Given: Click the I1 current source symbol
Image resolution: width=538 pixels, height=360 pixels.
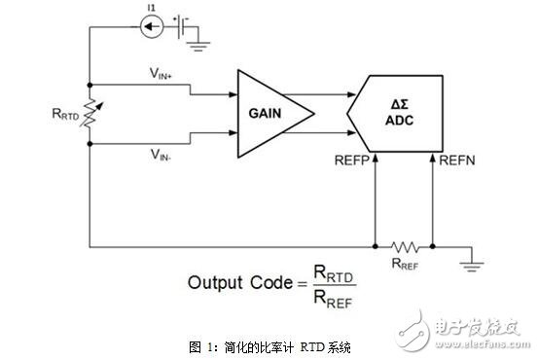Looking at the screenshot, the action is pyautogui.click(x=152, y=26).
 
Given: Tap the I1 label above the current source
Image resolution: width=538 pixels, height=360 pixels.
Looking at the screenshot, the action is pyautogui.click(x=152, y=7).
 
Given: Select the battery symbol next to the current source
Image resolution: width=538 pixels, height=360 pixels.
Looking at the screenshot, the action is pyautogui.click(x=181, y=27).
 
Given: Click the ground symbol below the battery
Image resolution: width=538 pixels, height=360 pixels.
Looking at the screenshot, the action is pyautogui.click(x=197, y=46).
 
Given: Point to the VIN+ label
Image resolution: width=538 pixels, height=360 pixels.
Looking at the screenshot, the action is pyautogui.click(x=161, y=73).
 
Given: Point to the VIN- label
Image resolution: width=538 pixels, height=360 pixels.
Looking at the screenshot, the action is pyautogui.click(x=161, y=155).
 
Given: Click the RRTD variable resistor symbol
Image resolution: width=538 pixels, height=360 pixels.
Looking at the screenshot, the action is pyautogui.click(x=90, y=113).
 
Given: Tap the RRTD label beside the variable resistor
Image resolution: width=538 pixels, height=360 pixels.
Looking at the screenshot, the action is pyautogui.click(x=65, y=114).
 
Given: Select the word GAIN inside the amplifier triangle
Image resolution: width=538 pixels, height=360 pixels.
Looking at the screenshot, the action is pyautogui.click(x=265, y=114).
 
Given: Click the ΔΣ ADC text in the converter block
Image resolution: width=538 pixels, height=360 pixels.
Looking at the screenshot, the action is pyautogui.click(x=400, y=113).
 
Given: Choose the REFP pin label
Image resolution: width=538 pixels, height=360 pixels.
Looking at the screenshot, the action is pyautogui.click(x=351, y=161).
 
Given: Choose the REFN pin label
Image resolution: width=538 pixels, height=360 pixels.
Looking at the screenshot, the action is pyautogui.click(x=457, y=161).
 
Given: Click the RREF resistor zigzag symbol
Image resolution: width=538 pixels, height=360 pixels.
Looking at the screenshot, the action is pyautogui.click(x=405, y=246).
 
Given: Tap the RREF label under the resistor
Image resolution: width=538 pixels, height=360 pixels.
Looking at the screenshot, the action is pyautogui.click(x=405, y=264).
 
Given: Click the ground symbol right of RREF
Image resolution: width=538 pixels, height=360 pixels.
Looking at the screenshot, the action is pyautogui.click(x=472, y=266).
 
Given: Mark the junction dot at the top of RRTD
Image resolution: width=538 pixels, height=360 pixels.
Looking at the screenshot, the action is pyautogui.click(x=90, y=85).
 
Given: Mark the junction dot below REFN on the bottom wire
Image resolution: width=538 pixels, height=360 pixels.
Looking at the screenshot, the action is pyautogui.click(x=433, y=246).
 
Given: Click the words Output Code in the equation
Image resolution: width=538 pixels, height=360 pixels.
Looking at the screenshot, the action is pyautogui.click(x=240, y=283).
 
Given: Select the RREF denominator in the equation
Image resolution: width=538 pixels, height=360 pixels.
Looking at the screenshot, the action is pyautogui.click(x=333, y=299).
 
